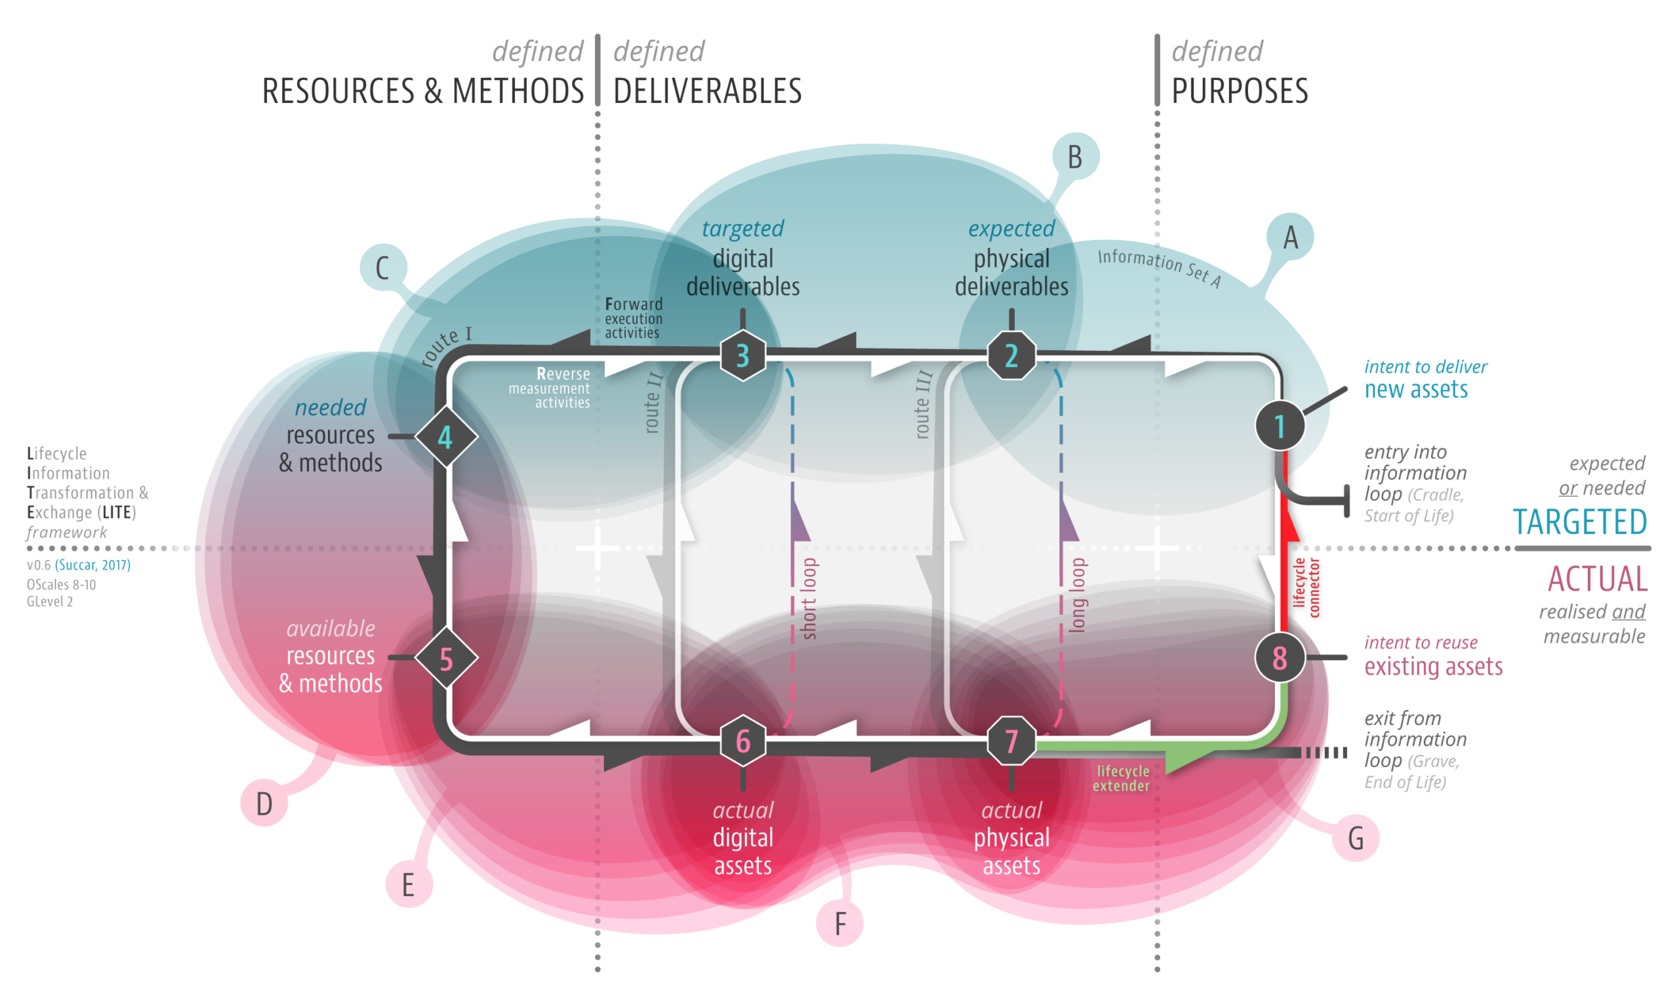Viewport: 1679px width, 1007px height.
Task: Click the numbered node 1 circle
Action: (1280, 426)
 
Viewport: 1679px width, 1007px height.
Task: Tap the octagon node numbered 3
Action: (742, 355)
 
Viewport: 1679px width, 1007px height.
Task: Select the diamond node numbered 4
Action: (446, 437)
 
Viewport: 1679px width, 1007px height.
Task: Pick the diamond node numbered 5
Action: (446, 658)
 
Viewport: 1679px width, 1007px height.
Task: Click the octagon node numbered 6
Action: (742, 741)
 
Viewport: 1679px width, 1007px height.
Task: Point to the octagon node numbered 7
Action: (1011, 741)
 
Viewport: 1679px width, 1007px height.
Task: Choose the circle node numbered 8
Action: (1280, 658)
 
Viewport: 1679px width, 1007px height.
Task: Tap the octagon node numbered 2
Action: (1011, 355)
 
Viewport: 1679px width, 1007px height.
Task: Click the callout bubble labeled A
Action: (1290, 237)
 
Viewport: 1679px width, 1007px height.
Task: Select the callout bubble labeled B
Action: (1076, 157)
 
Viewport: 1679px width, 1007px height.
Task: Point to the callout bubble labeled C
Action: (383, 268)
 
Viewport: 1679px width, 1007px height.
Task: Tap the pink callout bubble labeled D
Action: (264, 803)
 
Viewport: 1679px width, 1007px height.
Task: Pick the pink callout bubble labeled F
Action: (839, 924)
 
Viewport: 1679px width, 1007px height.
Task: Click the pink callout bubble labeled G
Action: (1355, 839)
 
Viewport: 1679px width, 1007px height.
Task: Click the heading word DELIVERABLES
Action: (707, 92)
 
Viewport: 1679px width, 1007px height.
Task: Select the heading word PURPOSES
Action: (1239, 92)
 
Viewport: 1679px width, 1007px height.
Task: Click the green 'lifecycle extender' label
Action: (1122, 778)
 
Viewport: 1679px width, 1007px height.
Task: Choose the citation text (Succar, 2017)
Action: (93, 564)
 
